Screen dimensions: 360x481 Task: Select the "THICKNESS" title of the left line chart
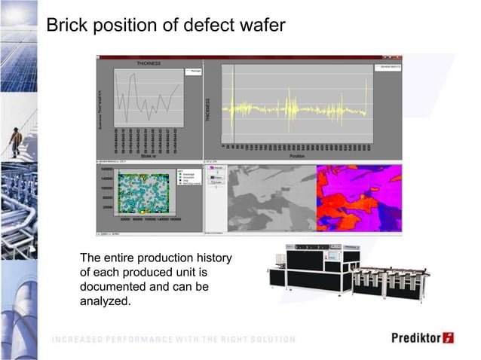click(148, 64)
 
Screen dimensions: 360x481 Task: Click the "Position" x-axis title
click(296, 156)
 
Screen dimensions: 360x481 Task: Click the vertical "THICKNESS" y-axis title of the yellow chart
click(207, 111)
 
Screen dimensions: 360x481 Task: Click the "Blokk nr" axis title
click(149, 156)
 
